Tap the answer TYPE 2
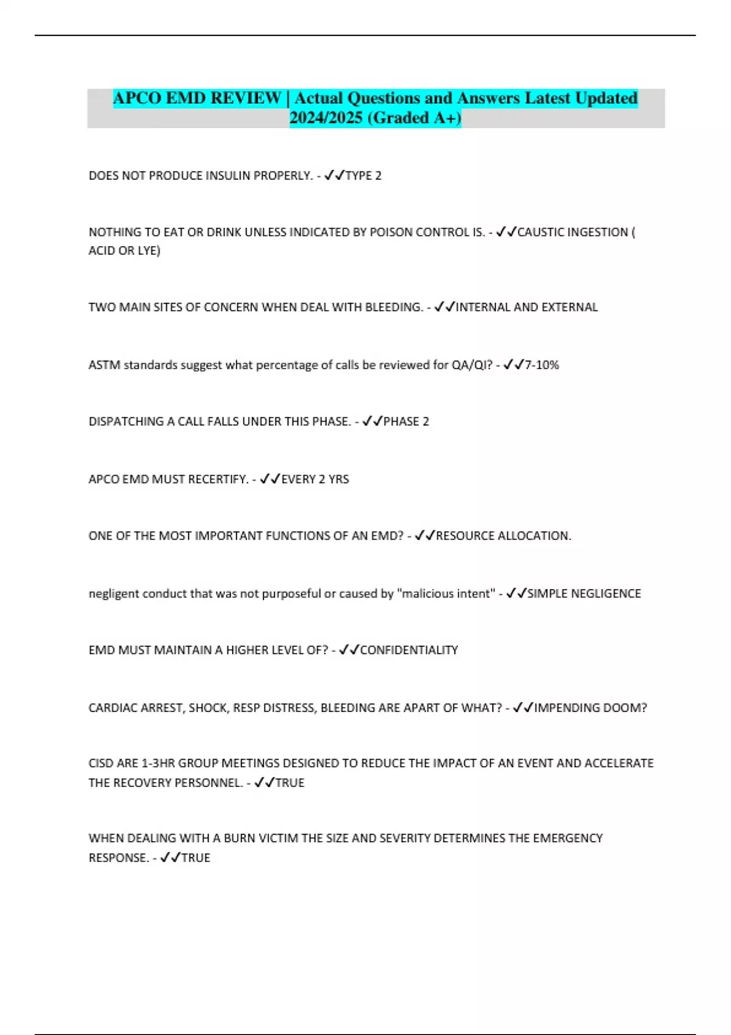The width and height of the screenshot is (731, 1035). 363,176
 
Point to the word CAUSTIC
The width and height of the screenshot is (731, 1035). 542,232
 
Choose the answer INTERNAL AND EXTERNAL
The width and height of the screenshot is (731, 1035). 526,307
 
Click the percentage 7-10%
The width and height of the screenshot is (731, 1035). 542,365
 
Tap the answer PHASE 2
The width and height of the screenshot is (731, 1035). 406,422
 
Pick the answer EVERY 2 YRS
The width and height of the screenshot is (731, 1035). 315,480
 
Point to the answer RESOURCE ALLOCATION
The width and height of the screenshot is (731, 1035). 503,536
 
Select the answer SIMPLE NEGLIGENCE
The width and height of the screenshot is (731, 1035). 584,594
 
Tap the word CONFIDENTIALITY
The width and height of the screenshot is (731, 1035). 409,650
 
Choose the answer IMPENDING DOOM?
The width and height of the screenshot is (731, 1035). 590,708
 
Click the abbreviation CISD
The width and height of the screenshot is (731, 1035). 101,763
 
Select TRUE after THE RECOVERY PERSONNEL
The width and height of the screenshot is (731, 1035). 290,783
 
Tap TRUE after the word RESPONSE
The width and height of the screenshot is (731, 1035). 196,858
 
